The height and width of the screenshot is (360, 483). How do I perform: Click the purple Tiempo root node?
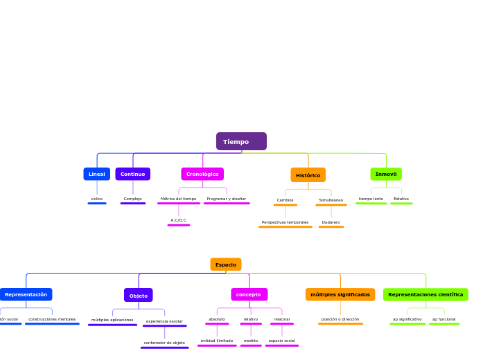[241, 141]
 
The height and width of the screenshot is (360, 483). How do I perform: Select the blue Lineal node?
[96, 174]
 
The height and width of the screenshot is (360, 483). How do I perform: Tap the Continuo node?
[132, 174]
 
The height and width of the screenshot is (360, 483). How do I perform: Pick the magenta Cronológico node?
[202, 174]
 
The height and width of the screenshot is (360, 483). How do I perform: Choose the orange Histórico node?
[308, 175]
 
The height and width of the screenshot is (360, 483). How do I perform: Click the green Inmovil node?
[386, 174]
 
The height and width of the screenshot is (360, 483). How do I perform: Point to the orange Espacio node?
[226, 264]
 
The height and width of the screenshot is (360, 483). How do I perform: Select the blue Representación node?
[26, 294]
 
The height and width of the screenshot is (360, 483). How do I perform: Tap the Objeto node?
[139, 296]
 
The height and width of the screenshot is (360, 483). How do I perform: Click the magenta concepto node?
[249, 294]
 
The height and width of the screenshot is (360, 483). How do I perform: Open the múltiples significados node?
[340, 294]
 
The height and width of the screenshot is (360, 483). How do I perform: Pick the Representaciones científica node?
[425, 294]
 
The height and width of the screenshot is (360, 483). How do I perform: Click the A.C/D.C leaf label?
[178, 220]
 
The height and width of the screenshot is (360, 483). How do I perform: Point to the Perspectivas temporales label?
[285, 222]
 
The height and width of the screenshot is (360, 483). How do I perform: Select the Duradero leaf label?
[331, 222]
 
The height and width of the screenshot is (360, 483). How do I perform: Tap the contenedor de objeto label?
[164, 343]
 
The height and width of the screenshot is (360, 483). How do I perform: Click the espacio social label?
[281, 341]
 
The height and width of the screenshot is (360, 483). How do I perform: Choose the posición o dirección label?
[340, 319]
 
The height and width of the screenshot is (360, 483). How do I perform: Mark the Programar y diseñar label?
[226, 199]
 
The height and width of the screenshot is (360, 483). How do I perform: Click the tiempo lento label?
[371, 199]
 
